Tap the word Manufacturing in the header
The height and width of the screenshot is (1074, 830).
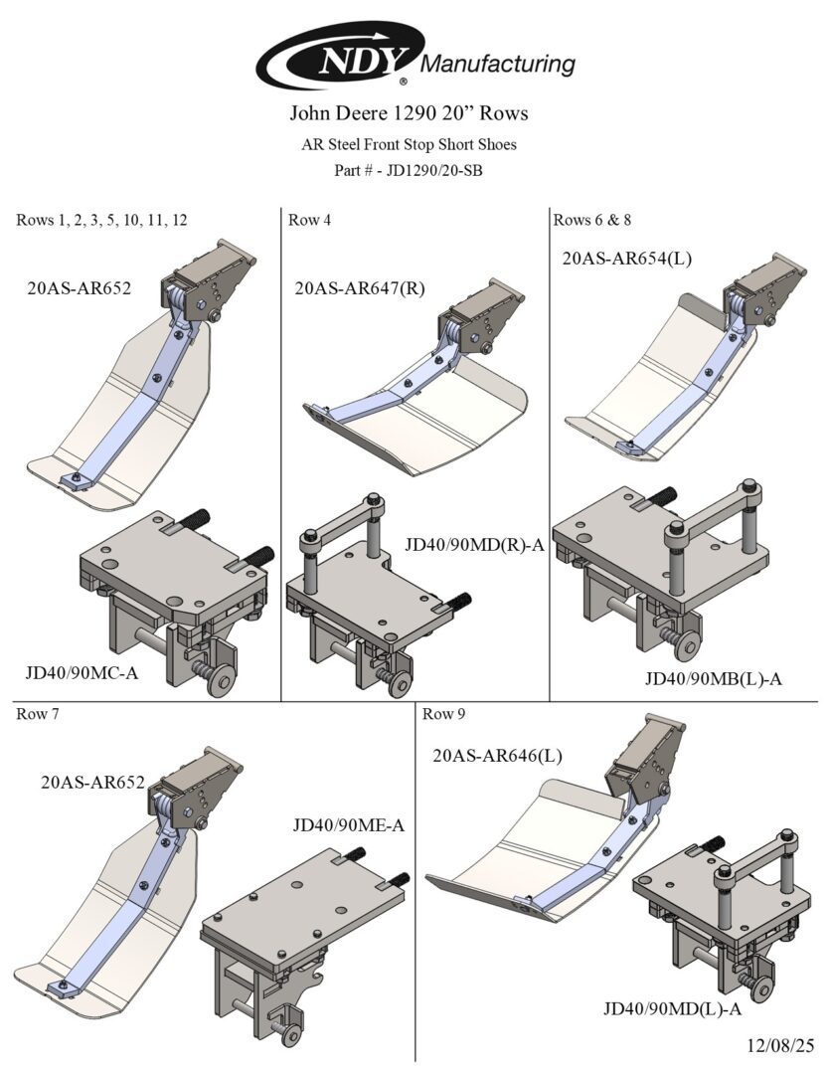pyautogui.click(x=499, y=65)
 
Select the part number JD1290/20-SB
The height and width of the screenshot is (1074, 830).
pyautogui.click(x=409, y=170)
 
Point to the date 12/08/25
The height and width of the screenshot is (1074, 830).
pyautogui.click(x=780, y=1045)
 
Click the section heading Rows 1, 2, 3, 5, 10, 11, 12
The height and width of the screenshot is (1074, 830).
pyautogui.click(x=101, y=221)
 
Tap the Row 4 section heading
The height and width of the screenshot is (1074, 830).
pyautogui.click(x=309, y=221)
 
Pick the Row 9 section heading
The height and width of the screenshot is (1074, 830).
pyautogui.click(x=444, y=714)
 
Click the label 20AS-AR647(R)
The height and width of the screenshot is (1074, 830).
pyautogui.click(x=360, y=288)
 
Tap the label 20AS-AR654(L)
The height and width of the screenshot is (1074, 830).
pyautogui.click(x=627, y=259)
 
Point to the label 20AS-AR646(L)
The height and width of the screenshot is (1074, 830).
pyautogui.click(x=497, y=756)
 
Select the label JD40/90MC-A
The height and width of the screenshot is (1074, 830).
pyautogui.click(x=82, y=673)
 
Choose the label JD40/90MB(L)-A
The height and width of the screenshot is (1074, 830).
pyautogui.click(x=714, y=679)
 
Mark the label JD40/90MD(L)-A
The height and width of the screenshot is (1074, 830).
pyautogui.click(x=673, y=1009)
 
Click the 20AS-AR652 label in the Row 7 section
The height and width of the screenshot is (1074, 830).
pyautogui.click(x=93, y=783)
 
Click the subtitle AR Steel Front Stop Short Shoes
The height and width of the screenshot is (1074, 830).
pyautogui.click(x=409, y=144)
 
